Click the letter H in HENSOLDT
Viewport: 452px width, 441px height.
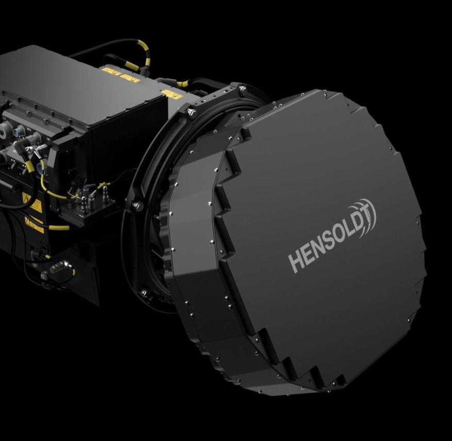(x=295, y=262)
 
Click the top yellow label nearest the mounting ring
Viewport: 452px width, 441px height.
(x=172, y=94)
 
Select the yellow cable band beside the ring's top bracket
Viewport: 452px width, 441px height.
(x=182, y=84)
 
